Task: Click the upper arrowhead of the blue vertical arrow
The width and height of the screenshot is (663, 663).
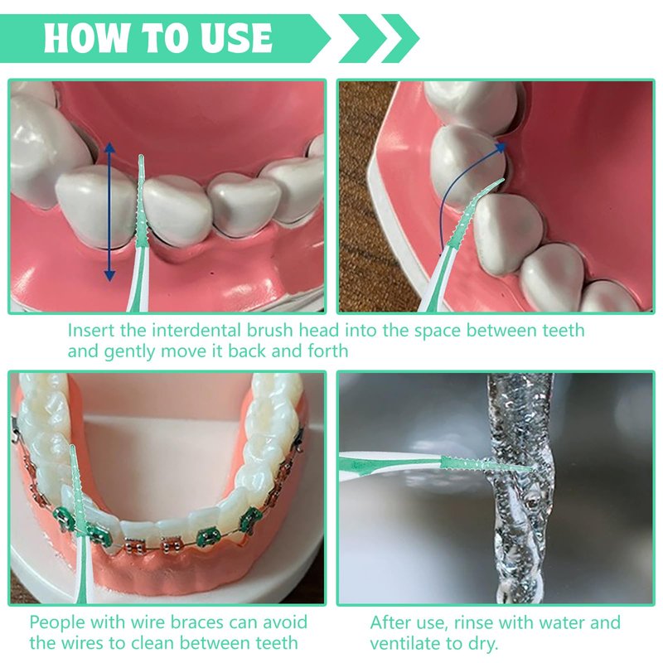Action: click(x=109, y=148)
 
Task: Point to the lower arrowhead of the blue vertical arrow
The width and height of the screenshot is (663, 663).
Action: click(x=109, y=276)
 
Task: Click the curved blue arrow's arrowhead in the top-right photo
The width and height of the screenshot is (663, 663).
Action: click(x=501, y=147)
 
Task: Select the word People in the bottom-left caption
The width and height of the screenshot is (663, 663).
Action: click(x=57, y=622)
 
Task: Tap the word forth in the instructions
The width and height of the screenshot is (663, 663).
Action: click(x=328, y=351)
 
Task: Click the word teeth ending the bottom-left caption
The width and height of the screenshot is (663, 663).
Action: click(x=274, y=643)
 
